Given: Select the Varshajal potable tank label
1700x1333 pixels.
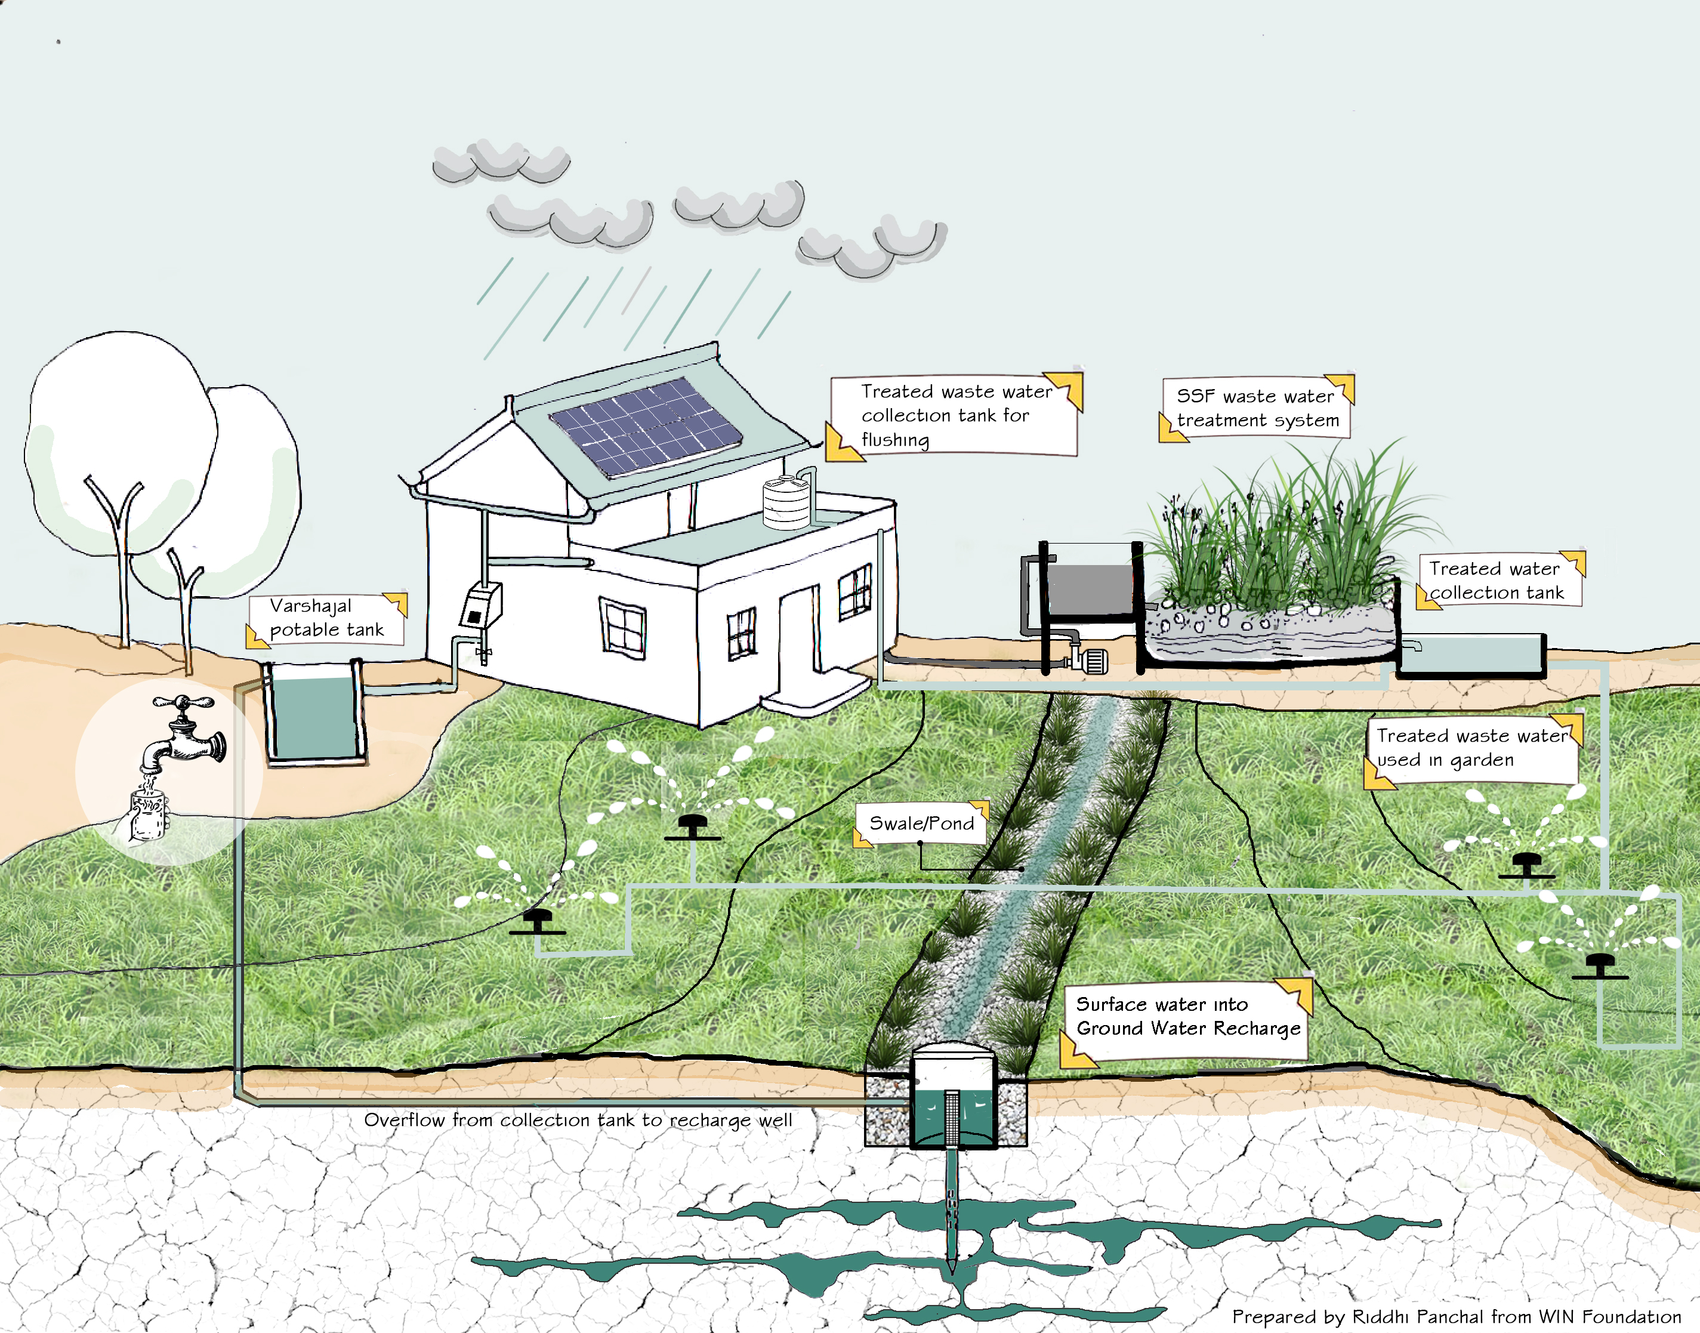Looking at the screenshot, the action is (326, 618).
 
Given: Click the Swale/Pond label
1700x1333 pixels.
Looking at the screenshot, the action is (921, 823).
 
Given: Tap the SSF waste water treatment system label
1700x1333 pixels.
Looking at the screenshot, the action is (1257, 408).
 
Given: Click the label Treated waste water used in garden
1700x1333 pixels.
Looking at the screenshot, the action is (1472, 748).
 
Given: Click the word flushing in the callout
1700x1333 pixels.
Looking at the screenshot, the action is (895, 440).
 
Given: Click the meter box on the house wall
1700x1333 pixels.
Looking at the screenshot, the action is (480, 606).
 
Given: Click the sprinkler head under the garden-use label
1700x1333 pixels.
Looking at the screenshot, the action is (1527, 865).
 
